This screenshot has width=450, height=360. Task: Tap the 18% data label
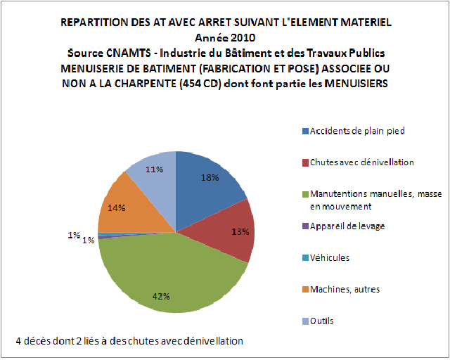[x=210, y=178]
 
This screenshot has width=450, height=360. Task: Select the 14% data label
[x=117, y=207]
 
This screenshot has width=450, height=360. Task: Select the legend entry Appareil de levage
[x=347, y=226]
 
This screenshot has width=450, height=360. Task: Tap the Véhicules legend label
[x=330, y=257]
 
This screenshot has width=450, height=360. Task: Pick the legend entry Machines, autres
[x=345, y=289]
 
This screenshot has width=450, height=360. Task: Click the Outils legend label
[x=321, y=321]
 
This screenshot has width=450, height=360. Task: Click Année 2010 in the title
[x=226, y=37]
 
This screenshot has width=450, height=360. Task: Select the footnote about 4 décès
[x=130, y=341]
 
